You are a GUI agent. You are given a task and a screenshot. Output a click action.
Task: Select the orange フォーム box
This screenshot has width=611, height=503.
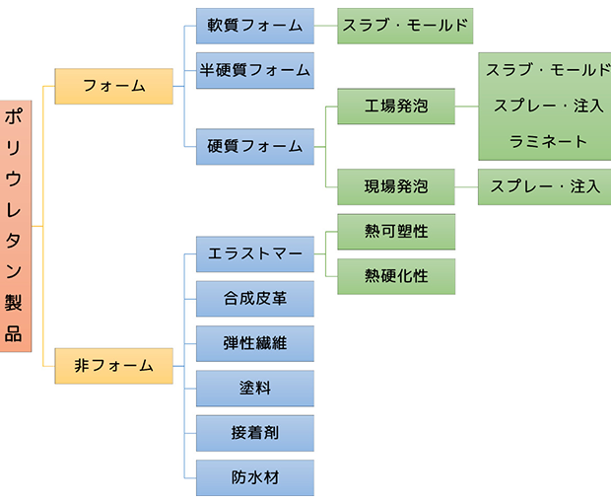click(x=114, y=86)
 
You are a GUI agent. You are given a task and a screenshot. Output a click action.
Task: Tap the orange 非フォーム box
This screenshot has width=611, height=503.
click(x=114, y=365)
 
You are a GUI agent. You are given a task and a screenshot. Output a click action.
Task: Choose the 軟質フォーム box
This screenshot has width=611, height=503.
click(x=254, y=25)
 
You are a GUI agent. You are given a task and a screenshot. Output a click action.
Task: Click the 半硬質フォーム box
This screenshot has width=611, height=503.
click(x=254, y=70)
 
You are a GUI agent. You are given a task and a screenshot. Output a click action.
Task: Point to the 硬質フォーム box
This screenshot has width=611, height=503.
click(x=254, y=146)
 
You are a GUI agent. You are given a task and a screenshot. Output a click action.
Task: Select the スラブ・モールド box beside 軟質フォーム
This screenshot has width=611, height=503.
click(x=404, y=25)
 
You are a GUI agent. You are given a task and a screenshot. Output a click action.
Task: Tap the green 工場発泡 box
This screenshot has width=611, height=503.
click(x=396, y=106)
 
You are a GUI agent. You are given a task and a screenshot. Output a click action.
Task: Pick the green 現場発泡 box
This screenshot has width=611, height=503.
click(x=396, y=185)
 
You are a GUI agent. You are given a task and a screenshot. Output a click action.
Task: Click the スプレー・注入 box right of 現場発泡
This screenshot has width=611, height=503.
click(x=544, y=185)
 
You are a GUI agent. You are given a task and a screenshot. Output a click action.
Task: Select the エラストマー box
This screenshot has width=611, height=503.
click(x=254, y=253)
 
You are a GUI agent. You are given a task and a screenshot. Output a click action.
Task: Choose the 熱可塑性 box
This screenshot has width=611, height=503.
click(x=396, y=232)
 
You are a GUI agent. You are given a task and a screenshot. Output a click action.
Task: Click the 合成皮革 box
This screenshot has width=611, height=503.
click(x=254, y=298)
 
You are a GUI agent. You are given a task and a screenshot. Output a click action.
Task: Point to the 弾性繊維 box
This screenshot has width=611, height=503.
click(x=254, y=343)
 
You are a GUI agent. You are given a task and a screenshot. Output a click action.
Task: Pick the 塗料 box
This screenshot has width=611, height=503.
click(x=254, y=388)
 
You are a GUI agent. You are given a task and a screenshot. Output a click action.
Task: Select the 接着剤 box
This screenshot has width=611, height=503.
click(x=254, y=433)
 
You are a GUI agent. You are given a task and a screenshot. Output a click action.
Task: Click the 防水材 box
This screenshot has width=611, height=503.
click(x=254, y=477)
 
